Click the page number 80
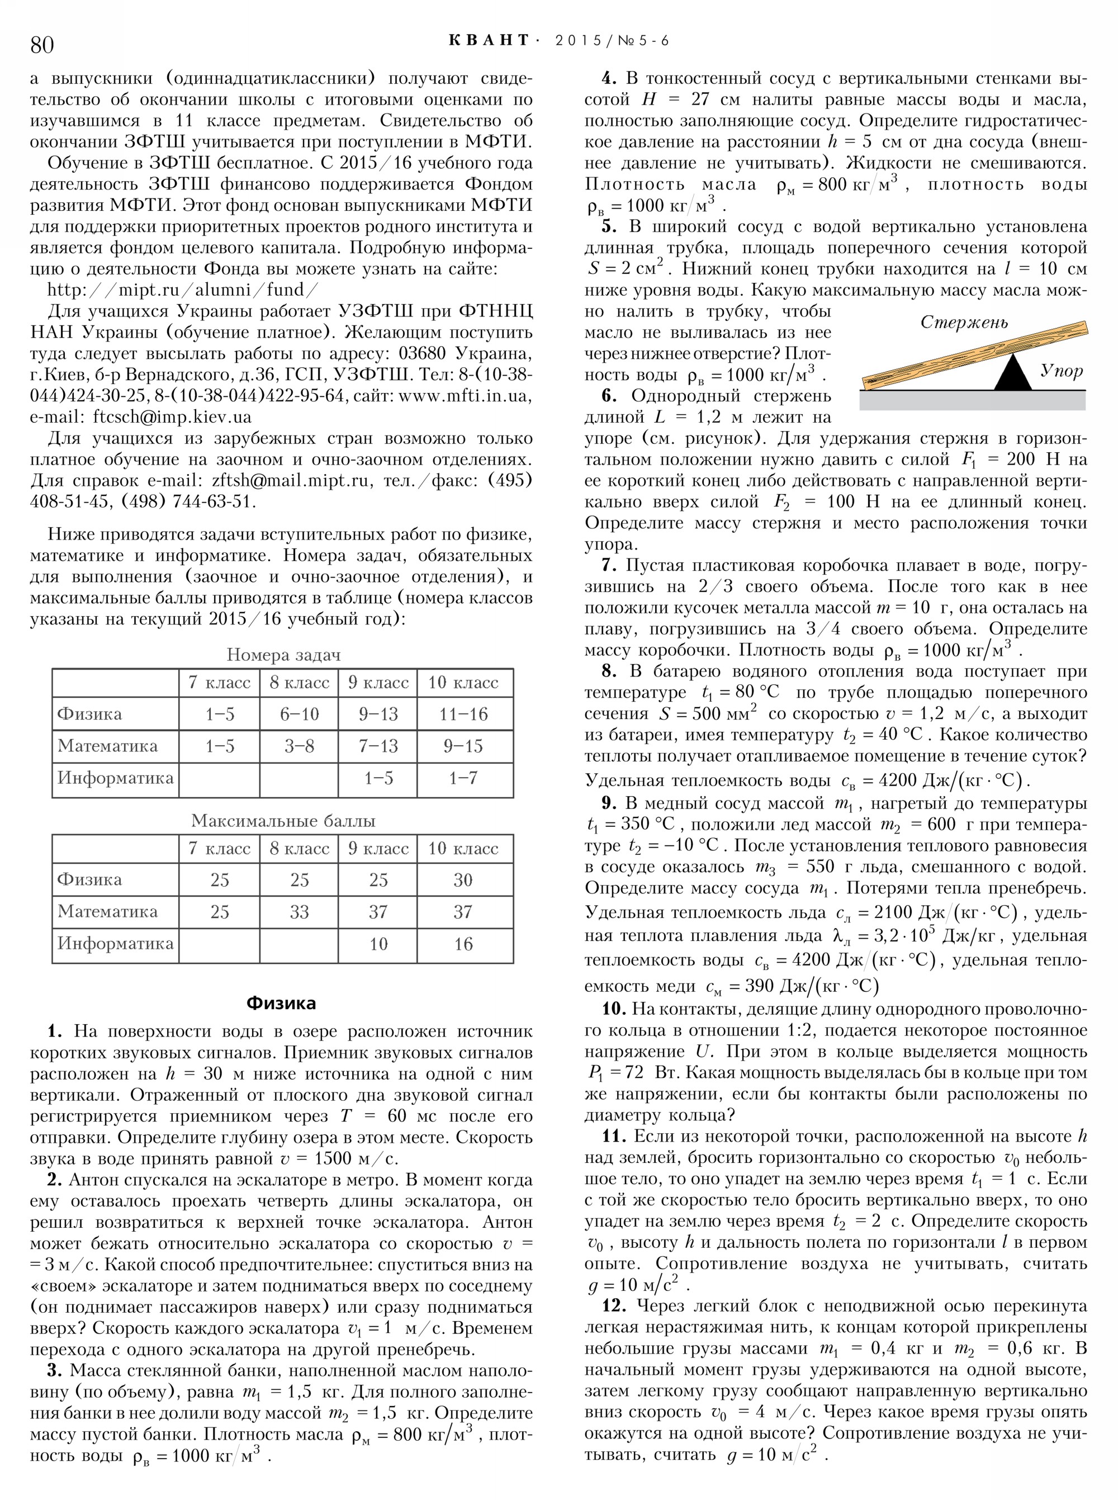coord(42,44)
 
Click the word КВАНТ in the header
coord(489,41)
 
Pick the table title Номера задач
coord(283,655)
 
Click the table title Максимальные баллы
coord(283,821)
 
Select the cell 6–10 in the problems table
coord(299,714)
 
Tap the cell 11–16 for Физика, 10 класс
coord(463,714)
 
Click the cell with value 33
coord(299,912)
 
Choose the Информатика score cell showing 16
coord(463,944)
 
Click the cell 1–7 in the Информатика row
coord(463,778)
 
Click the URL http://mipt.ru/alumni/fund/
coord(181,290)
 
